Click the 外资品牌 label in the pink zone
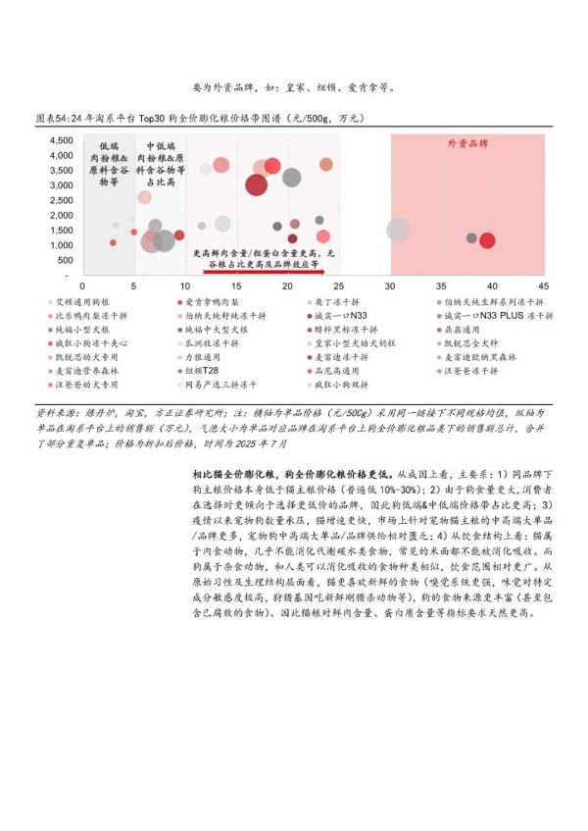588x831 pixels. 467,143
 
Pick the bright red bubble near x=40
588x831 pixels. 487,239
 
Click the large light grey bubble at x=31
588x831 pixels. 397,230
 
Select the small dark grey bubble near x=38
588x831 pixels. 471,238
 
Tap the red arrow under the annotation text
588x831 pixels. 264,270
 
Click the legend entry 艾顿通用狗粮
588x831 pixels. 84,303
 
